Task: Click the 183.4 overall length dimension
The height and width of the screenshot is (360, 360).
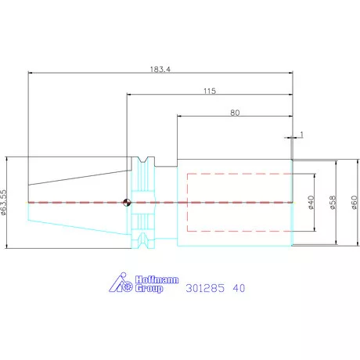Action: click(160, 70)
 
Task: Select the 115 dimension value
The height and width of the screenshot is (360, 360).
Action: click(210, 91)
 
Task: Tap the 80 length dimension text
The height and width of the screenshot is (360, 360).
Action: click(235, 113)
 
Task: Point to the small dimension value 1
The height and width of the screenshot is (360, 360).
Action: click(302, 135)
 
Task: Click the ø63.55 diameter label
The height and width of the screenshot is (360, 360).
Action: click(4, 202)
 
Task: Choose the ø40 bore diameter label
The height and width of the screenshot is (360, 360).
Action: click(311, 203)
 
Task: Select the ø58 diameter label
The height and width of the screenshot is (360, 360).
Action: click(333, 203)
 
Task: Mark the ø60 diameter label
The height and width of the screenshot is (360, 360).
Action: click(354, 203)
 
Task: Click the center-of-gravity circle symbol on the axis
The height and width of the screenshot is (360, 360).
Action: click(127, 203)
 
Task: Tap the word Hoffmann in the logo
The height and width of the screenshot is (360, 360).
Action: click(157, 280)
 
